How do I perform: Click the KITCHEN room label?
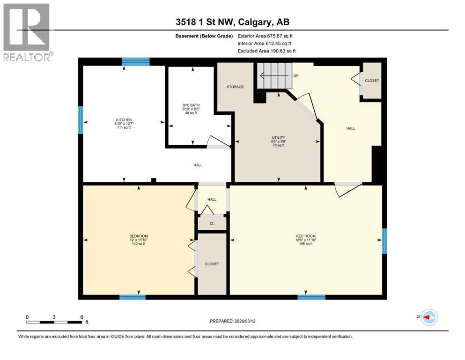point(124,120)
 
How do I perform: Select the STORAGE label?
point(235,87)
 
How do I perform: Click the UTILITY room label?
point(278,138)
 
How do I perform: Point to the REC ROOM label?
point(305,235)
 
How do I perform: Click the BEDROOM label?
point(139,236)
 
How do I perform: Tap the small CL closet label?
point(212,224)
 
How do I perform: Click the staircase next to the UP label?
point(274,75)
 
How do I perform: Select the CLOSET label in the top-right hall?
point(372,81)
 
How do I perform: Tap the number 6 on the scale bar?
point(81,316)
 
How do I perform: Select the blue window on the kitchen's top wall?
point(136,61)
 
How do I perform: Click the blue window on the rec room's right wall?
point(384,241)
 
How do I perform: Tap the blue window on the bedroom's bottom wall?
point(133,297)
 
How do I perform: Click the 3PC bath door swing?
point(216,142)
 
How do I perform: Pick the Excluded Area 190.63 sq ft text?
point(267,51)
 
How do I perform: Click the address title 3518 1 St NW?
point(232,22)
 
